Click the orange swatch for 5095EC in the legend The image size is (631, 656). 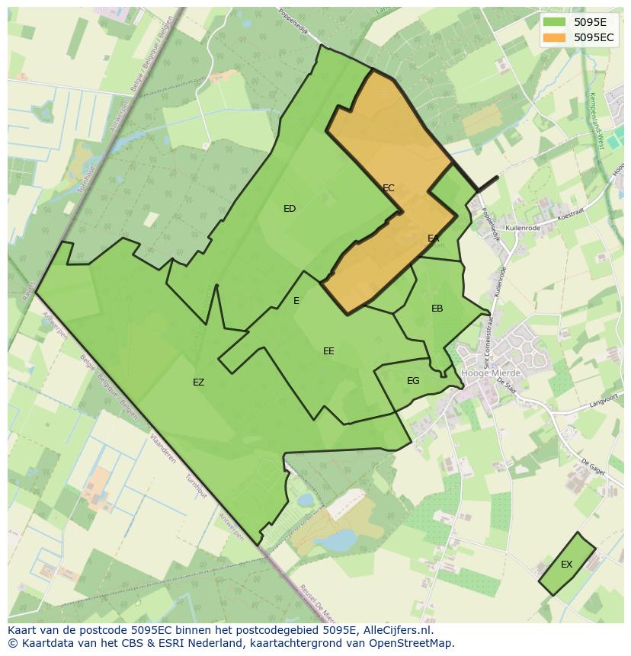click(555, 37)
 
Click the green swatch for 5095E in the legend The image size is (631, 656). click(555, 22)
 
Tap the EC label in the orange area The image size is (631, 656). click(388, 187)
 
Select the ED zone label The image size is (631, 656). click(290, 209)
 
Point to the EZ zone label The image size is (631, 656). click(198, 382)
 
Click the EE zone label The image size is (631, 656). click(328, 351)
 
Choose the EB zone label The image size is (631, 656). click(437, 309)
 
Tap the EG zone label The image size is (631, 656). click(413, 381)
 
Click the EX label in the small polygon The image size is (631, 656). click(566, 565)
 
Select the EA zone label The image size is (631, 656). click(433, 238)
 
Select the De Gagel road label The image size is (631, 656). click(592, 467)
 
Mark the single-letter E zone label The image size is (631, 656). click(296, 301)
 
